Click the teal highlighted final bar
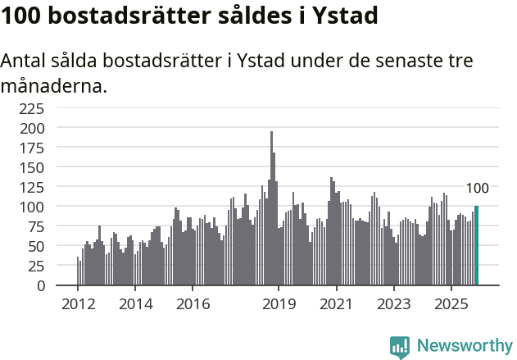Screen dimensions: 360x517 pyautogui.click(x=476, y=246)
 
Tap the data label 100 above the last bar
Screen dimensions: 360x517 pyautogui.click(x=477, y=189)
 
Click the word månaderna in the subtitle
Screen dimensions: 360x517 pyautogui.click(x=54, y=85)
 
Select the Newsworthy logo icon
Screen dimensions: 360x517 pyautogui.click(x=400, y=347)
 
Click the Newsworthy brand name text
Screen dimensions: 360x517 pyautogui.click(x=465, y=346)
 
